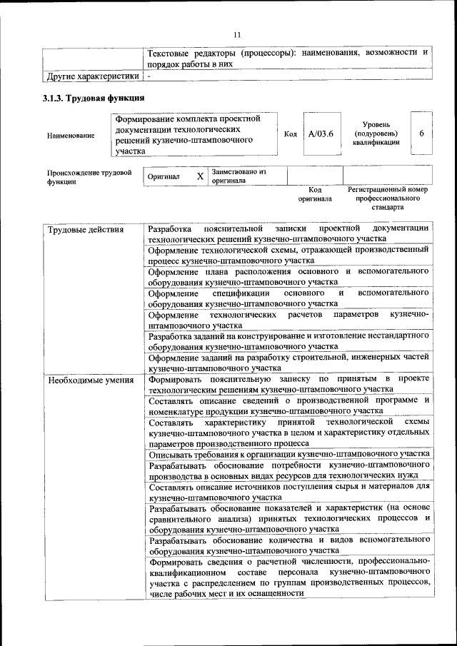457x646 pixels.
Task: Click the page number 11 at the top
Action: [x=237, y=33]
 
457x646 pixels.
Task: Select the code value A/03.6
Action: [x=321, y=134]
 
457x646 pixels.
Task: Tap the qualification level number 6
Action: [x=421, y=134]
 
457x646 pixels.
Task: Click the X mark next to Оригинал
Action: [x=200, y=176]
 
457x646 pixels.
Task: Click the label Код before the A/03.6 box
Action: [x=291, y=134]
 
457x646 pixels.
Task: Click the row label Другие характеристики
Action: [x=92, y=75]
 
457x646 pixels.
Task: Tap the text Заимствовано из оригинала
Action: [x=238, y=176]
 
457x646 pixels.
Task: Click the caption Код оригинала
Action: [x=315, y=194]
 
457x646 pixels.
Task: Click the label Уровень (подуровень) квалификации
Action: [x=376, y=133]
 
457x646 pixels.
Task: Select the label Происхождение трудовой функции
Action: [x=89, y=177]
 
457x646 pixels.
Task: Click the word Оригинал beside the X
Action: [x=164, y=176]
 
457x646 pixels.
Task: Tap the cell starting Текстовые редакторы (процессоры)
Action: [x=288, y=58]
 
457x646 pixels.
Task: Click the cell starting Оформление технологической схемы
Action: [x=288, y=256]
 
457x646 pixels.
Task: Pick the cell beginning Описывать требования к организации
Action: [x=288, y=454]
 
